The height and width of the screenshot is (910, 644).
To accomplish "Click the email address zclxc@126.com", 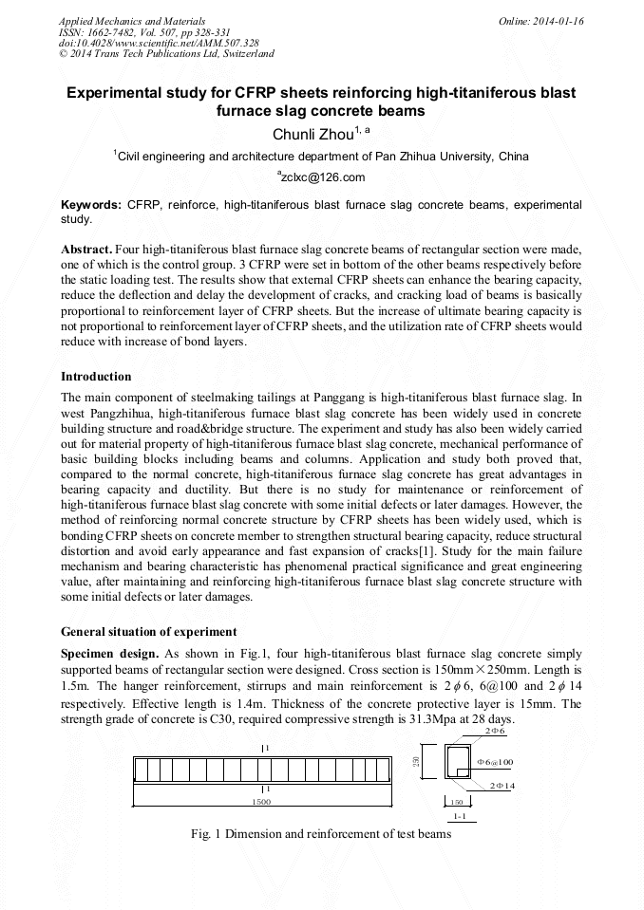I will pyautogui.click(x=322, y=177).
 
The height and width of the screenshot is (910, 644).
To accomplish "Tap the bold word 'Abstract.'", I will pyautogui.click(x=87, y=248).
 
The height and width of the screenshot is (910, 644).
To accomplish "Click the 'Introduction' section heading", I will pyautogui.click(x=96, y=377).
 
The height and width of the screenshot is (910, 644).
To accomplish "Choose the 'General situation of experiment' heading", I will pyautogui.click(x=149, y=631).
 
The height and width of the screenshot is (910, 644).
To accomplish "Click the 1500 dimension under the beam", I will pyautogui.click(x=261, y=802).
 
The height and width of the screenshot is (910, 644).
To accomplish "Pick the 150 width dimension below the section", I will pyautogui.click(x=456, y=802).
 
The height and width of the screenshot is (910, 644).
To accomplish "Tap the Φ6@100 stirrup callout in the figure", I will pyautogui.click(x=494, y=762).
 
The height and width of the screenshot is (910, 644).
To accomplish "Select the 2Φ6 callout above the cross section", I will pyautogui.click(x=494, y=733).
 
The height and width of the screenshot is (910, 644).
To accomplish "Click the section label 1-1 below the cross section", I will pyautogui.click(x=460, y=816).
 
